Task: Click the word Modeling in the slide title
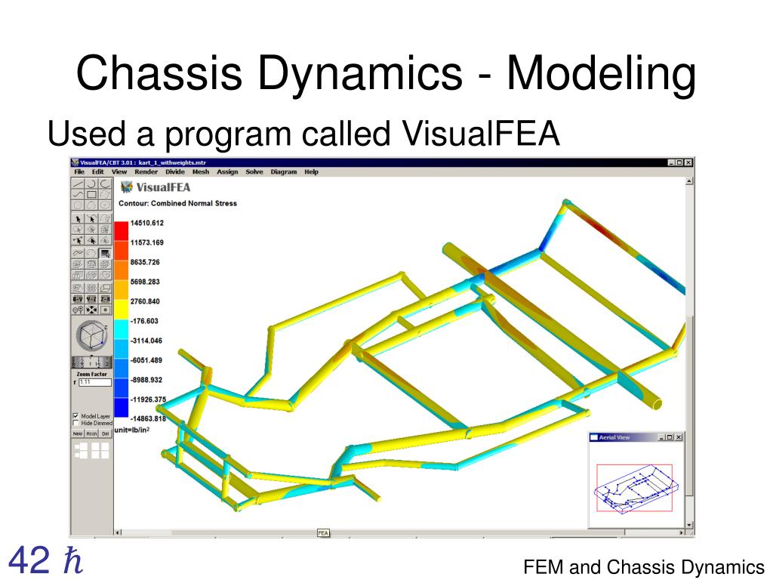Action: [601, 75]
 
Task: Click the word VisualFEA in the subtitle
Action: [482, 135]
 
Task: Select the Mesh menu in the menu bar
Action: [201, 172]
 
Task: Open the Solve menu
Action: [254, 172]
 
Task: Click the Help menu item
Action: [311, 172]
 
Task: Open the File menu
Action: [79, 172]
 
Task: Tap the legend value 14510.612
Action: [146, 223]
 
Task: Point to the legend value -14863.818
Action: [147, 419]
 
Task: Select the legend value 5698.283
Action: [145, 282]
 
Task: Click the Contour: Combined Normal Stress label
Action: [177, 203]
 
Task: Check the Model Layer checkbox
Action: [75, 416]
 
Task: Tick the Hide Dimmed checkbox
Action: [75, 424]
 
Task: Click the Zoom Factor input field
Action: [94, 383]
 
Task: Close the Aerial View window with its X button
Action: [678, 437]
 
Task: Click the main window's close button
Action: [688, 162]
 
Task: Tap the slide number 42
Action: [30, 560]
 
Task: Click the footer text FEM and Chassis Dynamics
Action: [644, 567]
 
